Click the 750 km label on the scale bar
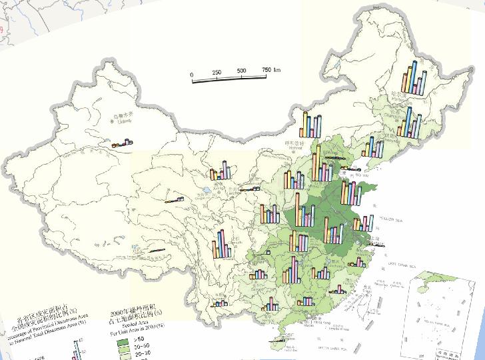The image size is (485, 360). [x=267, y=71]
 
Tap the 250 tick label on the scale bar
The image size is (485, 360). [x=217, y=72]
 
